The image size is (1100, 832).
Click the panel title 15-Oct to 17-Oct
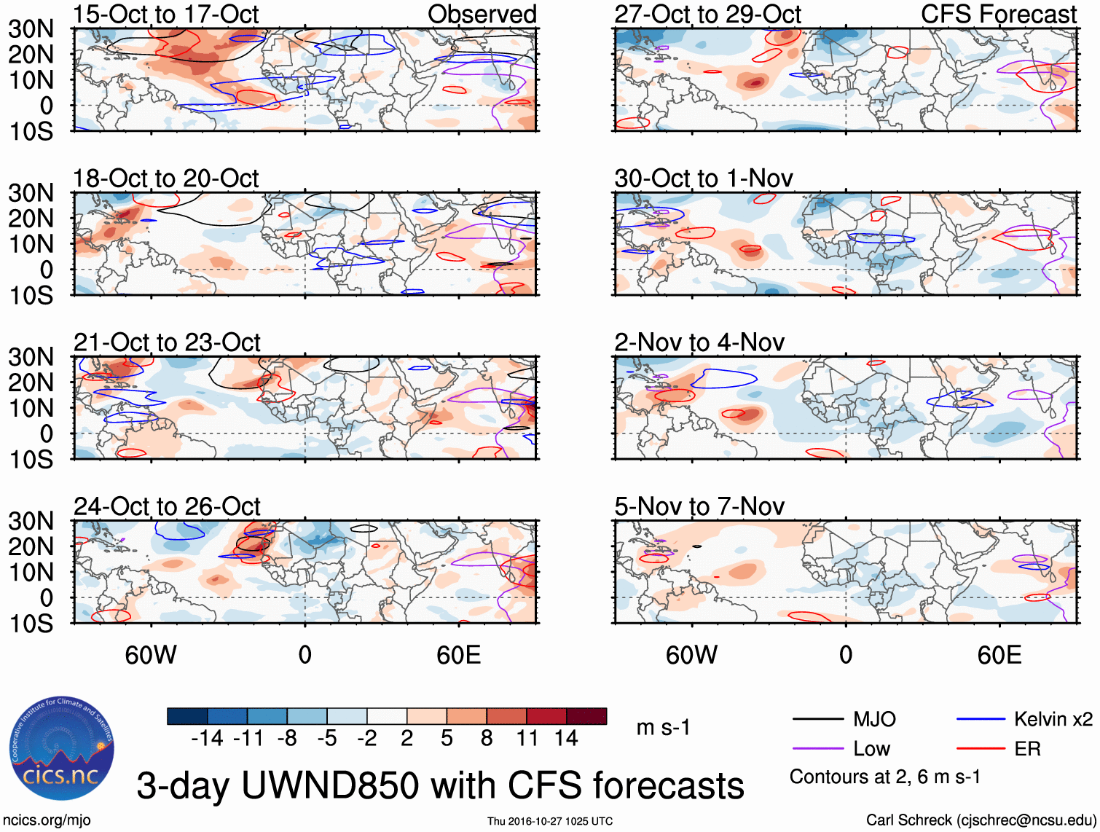tap(165, 14)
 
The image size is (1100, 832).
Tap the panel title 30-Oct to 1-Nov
tap(703, 178)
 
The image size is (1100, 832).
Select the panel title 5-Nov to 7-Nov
tap(699, 506)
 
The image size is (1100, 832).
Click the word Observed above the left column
tap(482, 14)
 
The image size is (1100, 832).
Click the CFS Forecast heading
tap(998, 14)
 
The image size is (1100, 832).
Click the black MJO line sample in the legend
tap(817, 720)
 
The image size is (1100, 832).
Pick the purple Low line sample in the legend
tap(817, 749)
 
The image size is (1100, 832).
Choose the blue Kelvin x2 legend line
tap(981, 720)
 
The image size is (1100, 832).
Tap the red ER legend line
tap(981, 749)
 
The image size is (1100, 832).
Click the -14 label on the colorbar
tap(207, 739)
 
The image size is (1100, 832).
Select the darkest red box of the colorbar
tap(586, 716)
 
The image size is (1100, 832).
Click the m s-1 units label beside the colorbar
tap(663, 728)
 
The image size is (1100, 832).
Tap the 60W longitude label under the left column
tap(151, 655)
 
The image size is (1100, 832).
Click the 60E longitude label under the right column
tap(999, 655)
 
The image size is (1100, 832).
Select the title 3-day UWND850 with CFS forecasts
tap(440, 786)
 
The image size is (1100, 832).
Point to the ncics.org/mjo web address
tap(46, 820)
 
